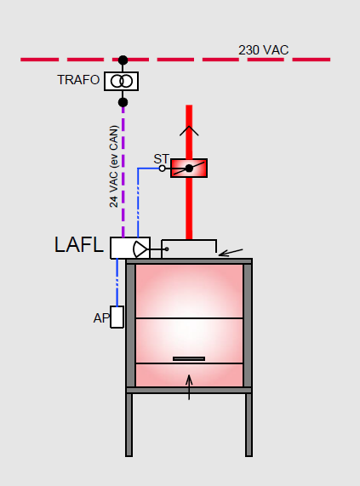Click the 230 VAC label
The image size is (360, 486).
263,50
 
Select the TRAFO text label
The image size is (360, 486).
78,80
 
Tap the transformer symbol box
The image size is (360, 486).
122,81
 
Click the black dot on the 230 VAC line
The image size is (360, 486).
123,60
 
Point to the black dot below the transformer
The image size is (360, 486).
123,102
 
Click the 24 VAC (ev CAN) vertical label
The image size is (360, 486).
114,166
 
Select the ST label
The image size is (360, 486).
162,159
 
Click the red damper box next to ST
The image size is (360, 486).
189,169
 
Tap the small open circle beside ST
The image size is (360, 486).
162,169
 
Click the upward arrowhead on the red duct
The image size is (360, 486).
189,131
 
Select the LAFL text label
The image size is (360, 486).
78,245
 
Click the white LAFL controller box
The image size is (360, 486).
130,248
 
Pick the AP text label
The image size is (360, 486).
101,318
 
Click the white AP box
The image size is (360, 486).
117,317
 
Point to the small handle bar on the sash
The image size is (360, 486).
189,358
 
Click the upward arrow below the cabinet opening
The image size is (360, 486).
189,387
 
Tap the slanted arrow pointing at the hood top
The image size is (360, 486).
231,253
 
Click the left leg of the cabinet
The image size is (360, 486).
129,425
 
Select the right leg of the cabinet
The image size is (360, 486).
249,425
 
